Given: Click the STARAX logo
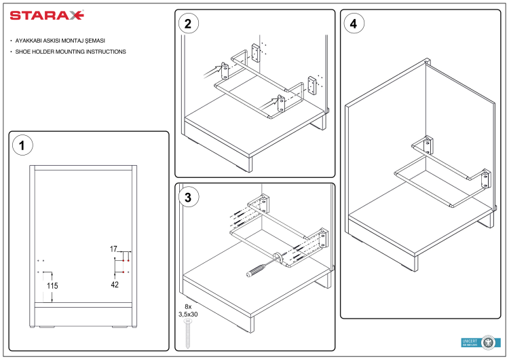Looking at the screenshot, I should (47, 14).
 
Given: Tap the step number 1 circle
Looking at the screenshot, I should (22, 145).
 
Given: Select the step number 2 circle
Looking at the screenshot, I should (187, 23).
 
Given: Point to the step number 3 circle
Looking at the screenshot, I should (187, 197).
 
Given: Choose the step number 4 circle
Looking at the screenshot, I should (352, 23).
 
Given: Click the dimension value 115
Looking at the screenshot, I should (52, 287).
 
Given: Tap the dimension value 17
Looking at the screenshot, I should (114, 249).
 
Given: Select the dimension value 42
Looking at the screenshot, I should (115, 285).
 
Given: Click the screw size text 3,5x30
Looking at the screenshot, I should (188, 314).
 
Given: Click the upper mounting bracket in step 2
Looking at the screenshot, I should (257, 54).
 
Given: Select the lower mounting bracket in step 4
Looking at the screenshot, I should (486, 180).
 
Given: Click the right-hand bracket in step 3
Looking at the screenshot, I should (321, 240).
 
